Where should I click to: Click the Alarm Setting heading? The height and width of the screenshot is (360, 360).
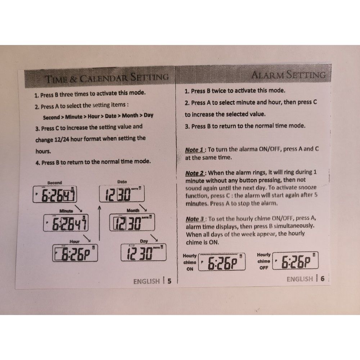pyautogui.click(x=288, y=75)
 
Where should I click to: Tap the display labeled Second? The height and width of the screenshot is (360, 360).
pyautogui.click(x=55, y=194)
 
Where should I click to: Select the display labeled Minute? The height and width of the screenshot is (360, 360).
pyautogui.click(x=66, y=223)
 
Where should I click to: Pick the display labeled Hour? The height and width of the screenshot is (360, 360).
pyautogui.click(x=75, y=253)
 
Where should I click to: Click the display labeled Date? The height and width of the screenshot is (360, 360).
pyautogui.click(x=122, y=194)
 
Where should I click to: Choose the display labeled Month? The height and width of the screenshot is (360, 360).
pyautogui.click(x=132, y=222)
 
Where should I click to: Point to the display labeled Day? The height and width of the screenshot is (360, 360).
pyautogui.click(x=144, y=253)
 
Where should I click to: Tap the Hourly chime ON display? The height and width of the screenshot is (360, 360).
pyautogui.click(x=222, y=262)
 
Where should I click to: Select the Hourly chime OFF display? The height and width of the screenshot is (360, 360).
pyautogui.click(x=295, y=261)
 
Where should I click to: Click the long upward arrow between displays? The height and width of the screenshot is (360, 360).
pyautogui.click(x=99, y=223)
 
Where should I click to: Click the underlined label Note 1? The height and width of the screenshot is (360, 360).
pyautogui.click(x=194, y=150)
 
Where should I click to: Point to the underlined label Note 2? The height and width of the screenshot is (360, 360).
pyautogui.click(x=195, y=174)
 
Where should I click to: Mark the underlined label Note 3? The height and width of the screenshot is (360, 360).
pyautogui.click(x=195, y=219)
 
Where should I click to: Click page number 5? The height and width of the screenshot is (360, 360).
pyautogui.click(x=170, y=281)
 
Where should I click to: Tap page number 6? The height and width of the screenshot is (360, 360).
pyautogui.click(x=323, y=279)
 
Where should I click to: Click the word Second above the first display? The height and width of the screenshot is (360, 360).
pyautogui.click(x=55, y=183)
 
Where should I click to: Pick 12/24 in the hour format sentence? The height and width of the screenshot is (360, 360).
pyautogui.click(x=62, y=139)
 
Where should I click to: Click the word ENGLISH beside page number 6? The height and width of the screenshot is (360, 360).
pyautogui.click(x=300, y=279)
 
